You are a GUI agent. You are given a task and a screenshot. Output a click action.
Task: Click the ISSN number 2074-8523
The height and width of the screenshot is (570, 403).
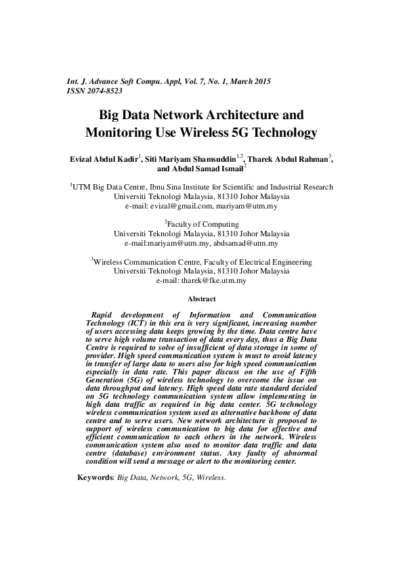point(104,90)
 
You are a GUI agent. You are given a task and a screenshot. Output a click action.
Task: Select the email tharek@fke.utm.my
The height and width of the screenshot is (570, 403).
point(211,280)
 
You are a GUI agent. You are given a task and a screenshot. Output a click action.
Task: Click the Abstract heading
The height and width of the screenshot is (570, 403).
point(201,299)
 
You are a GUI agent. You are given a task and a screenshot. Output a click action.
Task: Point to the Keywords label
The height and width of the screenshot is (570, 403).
point(96,477)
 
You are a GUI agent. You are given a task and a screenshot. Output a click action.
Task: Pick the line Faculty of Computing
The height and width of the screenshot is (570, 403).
point(203,223)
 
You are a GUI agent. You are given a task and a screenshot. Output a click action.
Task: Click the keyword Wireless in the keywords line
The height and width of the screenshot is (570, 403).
point(211,477)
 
